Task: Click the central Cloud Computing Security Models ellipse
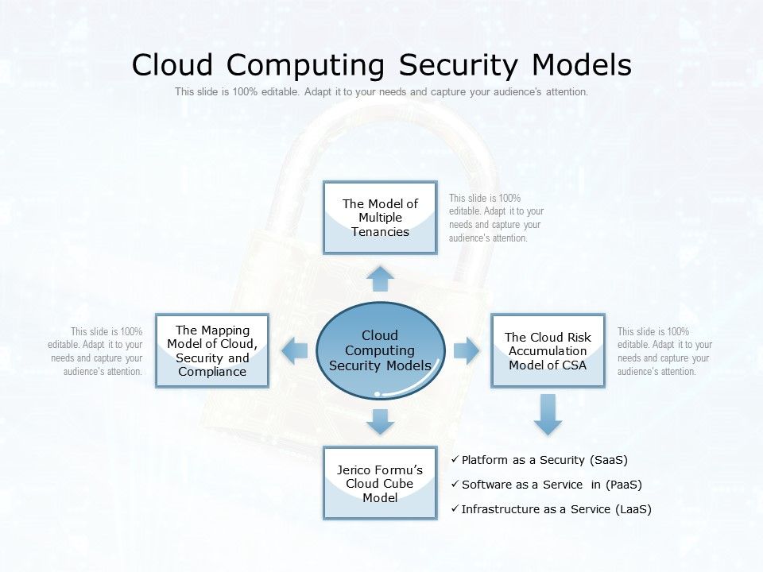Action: [380, 350]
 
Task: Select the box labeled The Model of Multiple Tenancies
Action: [380, 218]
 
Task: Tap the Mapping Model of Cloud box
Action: [212, 350]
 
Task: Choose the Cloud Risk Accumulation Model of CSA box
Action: [548, 350]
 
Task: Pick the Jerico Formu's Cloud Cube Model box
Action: [380, 483]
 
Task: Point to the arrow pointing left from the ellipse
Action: [296, 350]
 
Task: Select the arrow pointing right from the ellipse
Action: [467, 350]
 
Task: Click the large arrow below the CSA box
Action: [547, 414]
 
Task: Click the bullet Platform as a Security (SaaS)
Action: [544, 460]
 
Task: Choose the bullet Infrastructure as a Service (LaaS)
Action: [556, 509]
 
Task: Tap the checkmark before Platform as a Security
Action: [454, 460]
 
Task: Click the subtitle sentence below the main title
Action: [381, 92]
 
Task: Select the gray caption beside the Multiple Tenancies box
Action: [496, 218]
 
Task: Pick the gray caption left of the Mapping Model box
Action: [95, 351]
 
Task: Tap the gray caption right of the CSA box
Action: [664, 351]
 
